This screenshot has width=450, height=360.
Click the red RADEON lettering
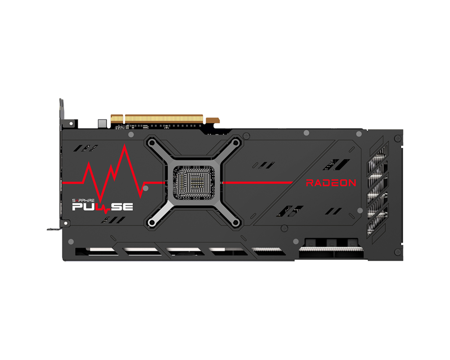pos(331,183)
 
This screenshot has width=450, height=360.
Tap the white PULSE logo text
pos(103,207)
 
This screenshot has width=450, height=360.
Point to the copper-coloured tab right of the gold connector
pos(212,120)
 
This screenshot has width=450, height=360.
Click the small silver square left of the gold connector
pos(102,122)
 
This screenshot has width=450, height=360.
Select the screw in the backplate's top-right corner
pos(397,139)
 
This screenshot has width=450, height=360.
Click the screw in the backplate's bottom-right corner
pos(397,252)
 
